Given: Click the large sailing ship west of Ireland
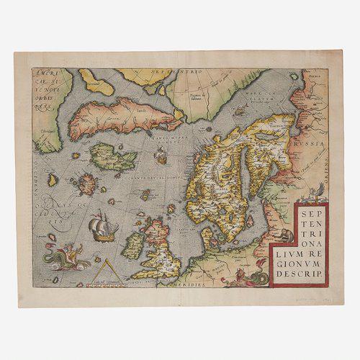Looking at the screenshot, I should point(102,228).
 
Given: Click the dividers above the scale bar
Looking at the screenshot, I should point(105,269).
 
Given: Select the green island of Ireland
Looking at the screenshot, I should point(133,246).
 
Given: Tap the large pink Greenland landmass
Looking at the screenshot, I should point(115,116).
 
